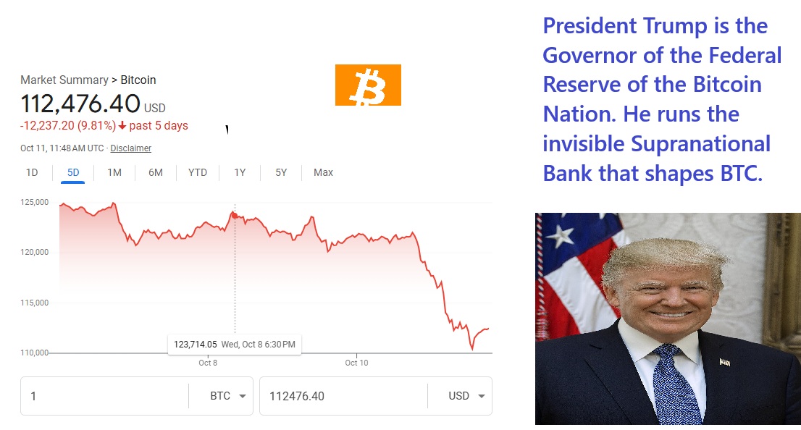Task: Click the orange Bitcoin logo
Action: [368, 85]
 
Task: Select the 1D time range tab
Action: [32, 172]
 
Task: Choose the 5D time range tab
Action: [73, 172]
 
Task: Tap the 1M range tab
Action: [114, 172]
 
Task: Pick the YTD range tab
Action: [198, 172]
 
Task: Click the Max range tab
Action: [323, 172]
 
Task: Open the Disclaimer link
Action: [131, 148]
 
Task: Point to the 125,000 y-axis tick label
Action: [34, 202]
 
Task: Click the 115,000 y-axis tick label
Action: [34, 303]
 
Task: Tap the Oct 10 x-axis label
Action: [356, 363]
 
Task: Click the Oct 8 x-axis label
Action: [208, 363]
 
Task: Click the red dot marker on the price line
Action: [235, 214]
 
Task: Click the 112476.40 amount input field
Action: [340, 396]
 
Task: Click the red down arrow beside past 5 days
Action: [122, 126]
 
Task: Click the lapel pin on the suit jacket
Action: [724, 361]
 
